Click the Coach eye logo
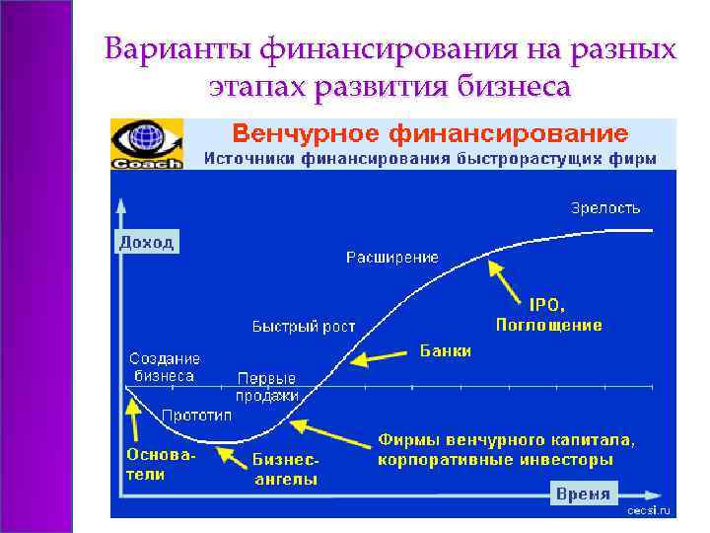tap(146, 144)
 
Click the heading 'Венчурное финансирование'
tap(429, 132)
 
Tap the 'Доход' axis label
tap(146, 241)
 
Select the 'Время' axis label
tap(583, 494)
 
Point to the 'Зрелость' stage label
tap(605, 207)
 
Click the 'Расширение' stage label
tap(391, 257)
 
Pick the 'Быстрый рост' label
tap(304, 326)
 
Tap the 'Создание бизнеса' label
tap(165, 367)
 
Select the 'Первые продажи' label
tap(267, 386)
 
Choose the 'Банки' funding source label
tap(446, 350)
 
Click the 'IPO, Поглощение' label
tap(548, 315)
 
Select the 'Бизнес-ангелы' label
tap(286, 470)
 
